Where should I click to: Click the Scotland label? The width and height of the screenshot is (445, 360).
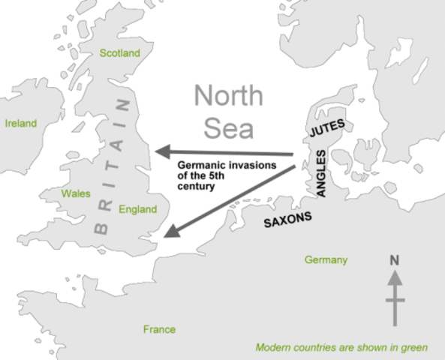(120, 53)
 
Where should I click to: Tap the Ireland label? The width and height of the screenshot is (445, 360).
(21, 124)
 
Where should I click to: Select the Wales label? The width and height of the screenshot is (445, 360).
(76, 193)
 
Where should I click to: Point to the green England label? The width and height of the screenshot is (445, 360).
(137, 210)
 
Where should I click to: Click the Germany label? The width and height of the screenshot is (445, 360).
(326, 260)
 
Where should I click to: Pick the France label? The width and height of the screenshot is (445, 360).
(159, 329)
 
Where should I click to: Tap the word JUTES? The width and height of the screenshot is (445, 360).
(326, 133)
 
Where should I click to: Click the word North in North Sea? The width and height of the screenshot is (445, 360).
(229, 97)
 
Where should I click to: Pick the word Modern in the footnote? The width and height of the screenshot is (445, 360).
(273, 348)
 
